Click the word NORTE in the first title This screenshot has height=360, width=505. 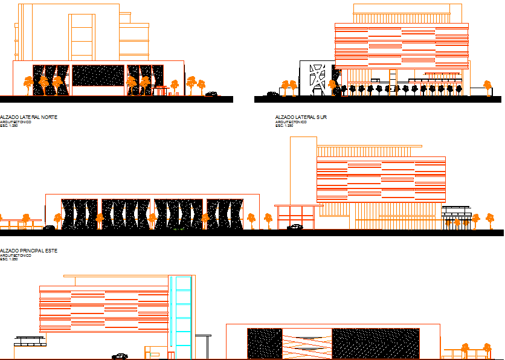(x=48, y=117)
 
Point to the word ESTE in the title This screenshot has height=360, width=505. (x=51, y=250)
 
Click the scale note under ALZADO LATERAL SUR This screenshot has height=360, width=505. (x=284, y=126)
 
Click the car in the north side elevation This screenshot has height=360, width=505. (x=211, y=94)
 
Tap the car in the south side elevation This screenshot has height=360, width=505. (x=273, y=94)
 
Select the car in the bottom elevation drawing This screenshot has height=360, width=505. (x=120, y=356)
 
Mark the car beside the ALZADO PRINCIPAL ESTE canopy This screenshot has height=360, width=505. (x=295, y=227)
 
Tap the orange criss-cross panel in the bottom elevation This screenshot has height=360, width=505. (x=307, y=344)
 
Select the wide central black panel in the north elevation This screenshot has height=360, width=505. (x=98, y=75)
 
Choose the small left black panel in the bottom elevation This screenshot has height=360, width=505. (x=265, y=344)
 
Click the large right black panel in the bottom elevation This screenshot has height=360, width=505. (x=376, y=344)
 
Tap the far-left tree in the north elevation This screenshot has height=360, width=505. (x=28, y=83)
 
